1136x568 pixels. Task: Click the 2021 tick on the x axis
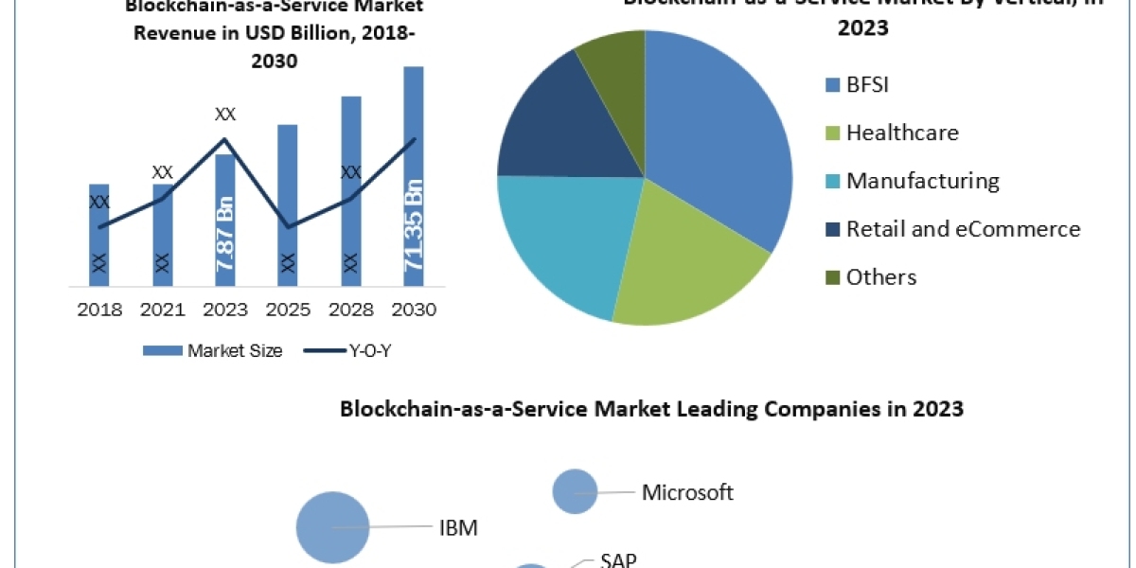tap(162, 310)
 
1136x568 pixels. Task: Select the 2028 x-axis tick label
tap(350, 310)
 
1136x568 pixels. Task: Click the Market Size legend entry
tap(213, 351)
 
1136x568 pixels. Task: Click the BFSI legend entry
tap(857, 84)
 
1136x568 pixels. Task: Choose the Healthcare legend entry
tap(891, 133)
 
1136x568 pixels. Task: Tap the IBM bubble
tap(332, 527)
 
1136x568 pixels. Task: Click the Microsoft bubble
tap(575, 492)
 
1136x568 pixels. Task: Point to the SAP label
tap(618, 559)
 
